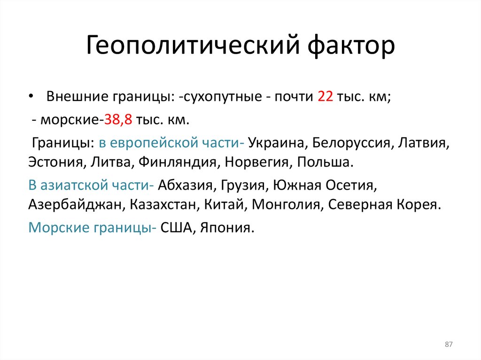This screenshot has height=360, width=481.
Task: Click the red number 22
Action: coord(325,97)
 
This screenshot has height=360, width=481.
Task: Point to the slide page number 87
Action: coord(448,345)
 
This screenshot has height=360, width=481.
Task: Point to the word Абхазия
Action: coord(184,185)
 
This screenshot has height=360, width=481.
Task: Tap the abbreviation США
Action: coord(177,228)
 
